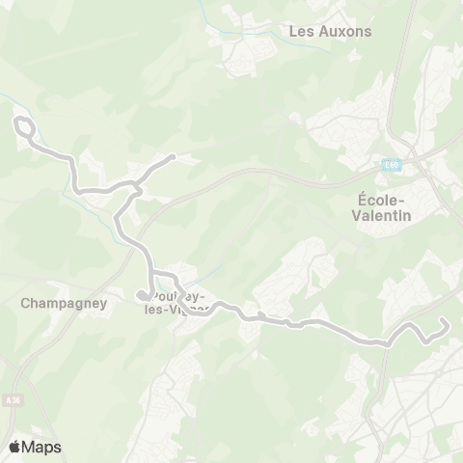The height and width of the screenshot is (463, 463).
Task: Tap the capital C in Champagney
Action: (x=24, y=302)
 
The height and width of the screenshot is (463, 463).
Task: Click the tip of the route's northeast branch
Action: (x=172, y=156)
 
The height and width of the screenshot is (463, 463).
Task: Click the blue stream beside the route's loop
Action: (x=8, y=97)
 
